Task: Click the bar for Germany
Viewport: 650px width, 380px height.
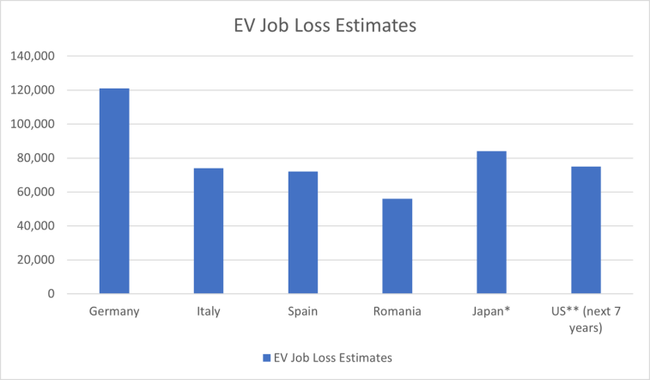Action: point(114,191)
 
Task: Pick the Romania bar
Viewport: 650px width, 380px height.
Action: point(398,246)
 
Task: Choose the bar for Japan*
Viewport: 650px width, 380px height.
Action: point(492,223)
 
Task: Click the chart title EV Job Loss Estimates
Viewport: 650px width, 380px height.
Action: point(325,26)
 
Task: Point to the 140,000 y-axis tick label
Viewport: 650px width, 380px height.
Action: point(33,57)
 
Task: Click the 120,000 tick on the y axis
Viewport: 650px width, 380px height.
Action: point(33,90)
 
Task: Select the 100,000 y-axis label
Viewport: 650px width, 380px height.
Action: point(33,125)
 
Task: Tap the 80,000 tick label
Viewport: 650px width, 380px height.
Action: point(35,158)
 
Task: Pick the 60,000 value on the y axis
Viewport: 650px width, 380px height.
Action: point(35,192)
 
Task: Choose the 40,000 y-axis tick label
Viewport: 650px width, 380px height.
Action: point(35,226)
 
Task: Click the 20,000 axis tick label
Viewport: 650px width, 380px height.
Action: point(35,260)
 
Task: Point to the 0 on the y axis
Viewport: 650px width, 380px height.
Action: point(51,294)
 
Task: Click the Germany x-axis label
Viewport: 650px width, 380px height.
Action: point(114,311)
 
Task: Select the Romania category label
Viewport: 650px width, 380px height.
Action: point(398,311)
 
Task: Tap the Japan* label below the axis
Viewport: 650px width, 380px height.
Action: point(492,311)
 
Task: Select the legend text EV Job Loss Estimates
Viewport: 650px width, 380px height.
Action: point(331,356)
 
